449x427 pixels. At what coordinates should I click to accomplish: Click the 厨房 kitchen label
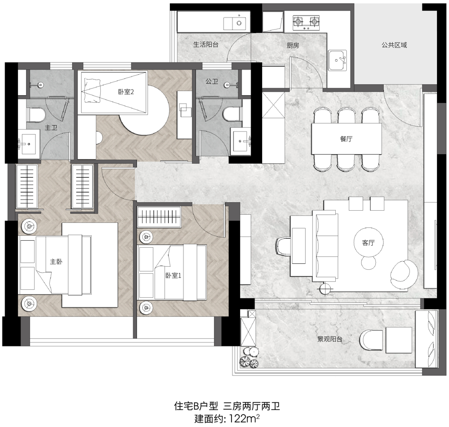pos(293,45)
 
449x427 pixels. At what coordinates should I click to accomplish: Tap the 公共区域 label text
pos(394,45)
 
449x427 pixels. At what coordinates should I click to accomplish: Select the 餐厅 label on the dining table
pos(346,139)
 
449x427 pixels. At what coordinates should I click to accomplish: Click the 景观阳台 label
pos(330,339)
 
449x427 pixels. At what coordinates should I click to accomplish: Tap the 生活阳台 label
pos(205,45)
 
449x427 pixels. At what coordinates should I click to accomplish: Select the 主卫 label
pos(51,128)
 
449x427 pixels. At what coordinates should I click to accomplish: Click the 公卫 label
pos(212,82)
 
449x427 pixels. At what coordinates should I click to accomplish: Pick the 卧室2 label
pos(126,92)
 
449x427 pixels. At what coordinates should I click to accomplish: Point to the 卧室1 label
pos(173,275)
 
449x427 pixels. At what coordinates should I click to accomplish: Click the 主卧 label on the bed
pos(56,261)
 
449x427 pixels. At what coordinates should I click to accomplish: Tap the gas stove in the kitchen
pos(306,23)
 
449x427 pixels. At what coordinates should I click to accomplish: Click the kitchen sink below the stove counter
pos(338,61)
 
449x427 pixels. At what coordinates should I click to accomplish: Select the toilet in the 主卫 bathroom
pos(37,115)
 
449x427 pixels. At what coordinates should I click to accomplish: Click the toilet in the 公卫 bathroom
pos(232,114)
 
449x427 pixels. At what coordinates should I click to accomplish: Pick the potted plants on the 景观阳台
pos(249,357)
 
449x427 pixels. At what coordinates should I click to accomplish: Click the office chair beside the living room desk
pos(283,246)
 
